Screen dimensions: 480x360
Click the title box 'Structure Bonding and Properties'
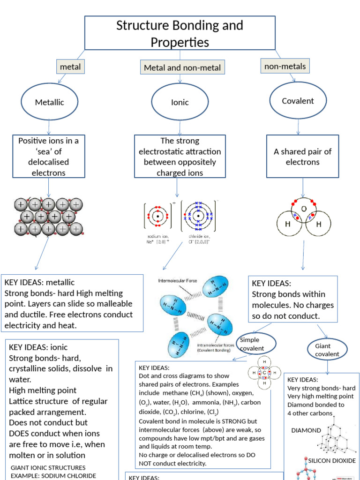coord(180,33)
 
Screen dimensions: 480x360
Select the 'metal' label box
coord(70,67)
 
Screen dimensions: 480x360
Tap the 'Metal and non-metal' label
coord(182,67)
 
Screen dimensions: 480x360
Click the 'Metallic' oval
coord(49,102)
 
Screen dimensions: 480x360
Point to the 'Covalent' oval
coord(298,101)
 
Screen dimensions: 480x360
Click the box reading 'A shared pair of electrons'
coord(302,157)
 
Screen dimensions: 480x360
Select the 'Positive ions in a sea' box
coord(49,157)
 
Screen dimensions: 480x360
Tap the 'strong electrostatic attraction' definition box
coord(180,157)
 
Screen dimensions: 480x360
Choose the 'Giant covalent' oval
coord(327,350)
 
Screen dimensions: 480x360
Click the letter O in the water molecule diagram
coord(303,209)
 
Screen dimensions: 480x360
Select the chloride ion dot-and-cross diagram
coord(199,216)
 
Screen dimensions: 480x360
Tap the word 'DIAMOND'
coord(306,430)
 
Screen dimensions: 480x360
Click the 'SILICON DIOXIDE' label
coord(331,460)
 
